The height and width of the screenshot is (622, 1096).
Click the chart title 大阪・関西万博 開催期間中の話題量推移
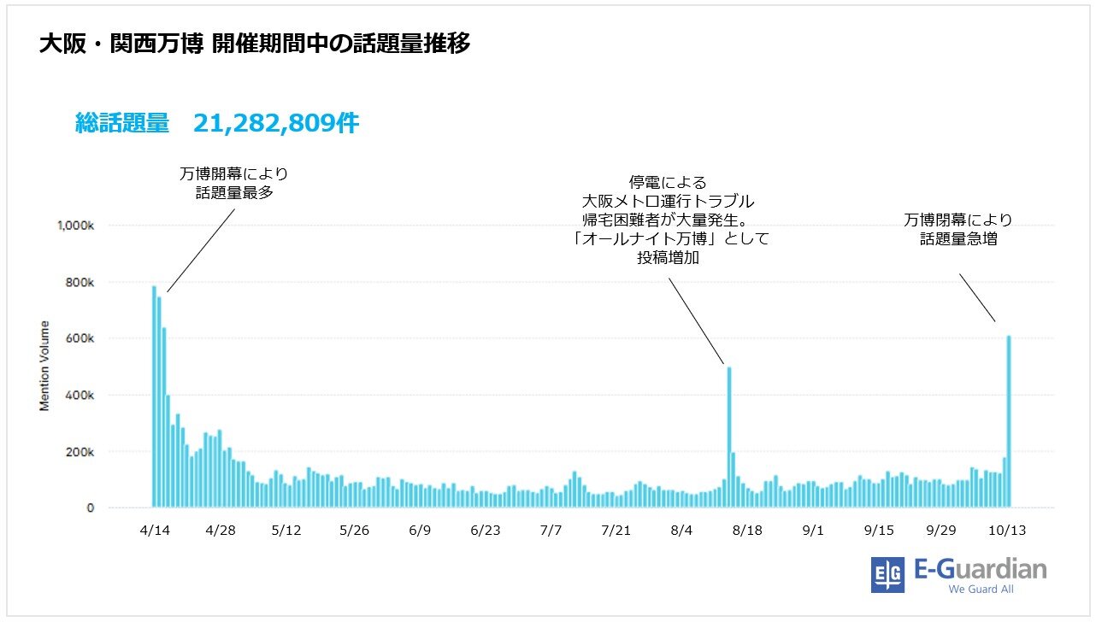254,44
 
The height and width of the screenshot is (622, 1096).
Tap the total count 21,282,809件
275,124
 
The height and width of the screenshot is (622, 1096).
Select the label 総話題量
121,124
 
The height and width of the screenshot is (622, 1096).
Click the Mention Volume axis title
44,366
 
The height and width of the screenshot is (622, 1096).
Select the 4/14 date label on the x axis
155,530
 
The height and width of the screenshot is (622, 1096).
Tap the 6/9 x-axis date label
419,530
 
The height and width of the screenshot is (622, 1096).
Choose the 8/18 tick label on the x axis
747,530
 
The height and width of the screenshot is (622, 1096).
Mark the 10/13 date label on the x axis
1007,530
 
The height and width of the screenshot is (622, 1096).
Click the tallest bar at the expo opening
154,396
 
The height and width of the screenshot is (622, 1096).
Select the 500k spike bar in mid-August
729,437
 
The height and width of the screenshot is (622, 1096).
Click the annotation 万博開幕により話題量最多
233,183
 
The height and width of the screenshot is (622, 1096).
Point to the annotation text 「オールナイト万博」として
669,239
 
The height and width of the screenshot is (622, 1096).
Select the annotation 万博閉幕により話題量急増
958,230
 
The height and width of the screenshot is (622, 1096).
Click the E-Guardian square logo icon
887,575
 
